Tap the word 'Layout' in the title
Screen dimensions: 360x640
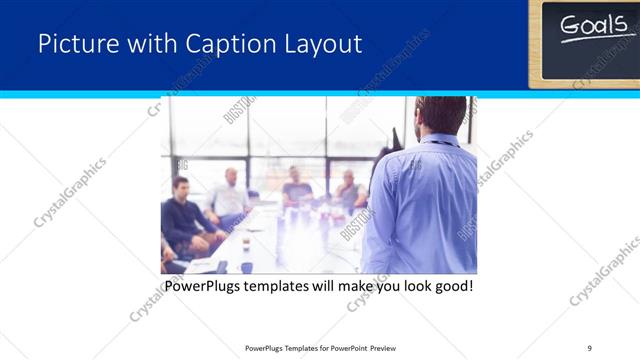pyautogui.click(x=320, y=44)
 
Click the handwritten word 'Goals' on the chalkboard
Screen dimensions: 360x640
pyautogui.click(x=591, y=27)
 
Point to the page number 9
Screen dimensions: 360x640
pyautogui.click(x=589, y=347)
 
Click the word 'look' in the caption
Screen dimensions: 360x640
pyautogui.click(x=411, y=287)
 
